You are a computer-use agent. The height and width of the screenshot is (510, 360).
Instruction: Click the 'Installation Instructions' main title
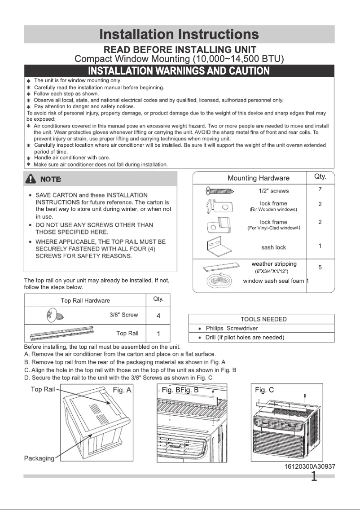click(179, 34)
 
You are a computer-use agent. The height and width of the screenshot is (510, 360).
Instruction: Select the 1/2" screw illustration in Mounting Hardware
click(220, 191)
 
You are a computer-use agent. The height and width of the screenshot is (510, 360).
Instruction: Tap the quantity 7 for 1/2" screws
click(320, 189)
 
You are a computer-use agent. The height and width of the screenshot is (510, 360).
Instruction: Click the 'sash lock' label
click(273, 247)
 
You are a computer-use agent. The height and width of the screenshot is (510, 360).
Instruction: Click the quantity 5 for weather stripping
click(320, 268)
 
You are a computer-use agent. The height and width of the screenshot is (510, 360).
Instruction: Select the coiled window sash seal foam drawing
click(220, 282)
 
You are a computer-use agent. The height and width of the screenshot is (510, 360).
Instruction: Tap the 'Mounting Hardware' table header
click(259, 178)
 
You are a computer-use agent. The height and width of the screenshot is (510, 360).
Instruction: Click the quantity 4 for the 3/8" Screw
click(158, 316)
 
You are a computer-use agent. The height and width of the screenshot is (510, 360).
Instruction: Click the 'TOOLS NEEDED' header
click(263, 319)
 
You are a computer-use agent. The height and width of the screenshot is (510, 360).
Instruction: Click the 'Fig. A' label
click(122, 390)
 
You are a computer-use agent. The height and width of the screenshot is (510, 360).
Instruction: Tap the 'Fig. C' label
click(264, 390)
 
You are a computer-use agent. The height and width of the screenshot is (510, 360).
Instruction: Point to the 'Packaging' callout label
click(39, 458)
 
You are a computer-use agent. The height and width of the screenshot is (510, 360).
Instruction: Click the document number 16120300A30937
click(310, 466)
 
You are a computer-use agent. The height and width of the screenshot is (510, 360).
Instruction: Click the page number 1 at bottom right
click(314, 476)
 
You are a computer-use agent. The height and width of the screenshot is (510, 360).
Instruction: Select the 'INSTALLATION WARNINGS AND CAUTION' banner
click(179, 71)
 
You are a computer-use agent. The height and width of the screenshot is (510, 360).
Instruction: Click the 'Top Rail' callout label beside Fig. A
click(43, 389)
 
